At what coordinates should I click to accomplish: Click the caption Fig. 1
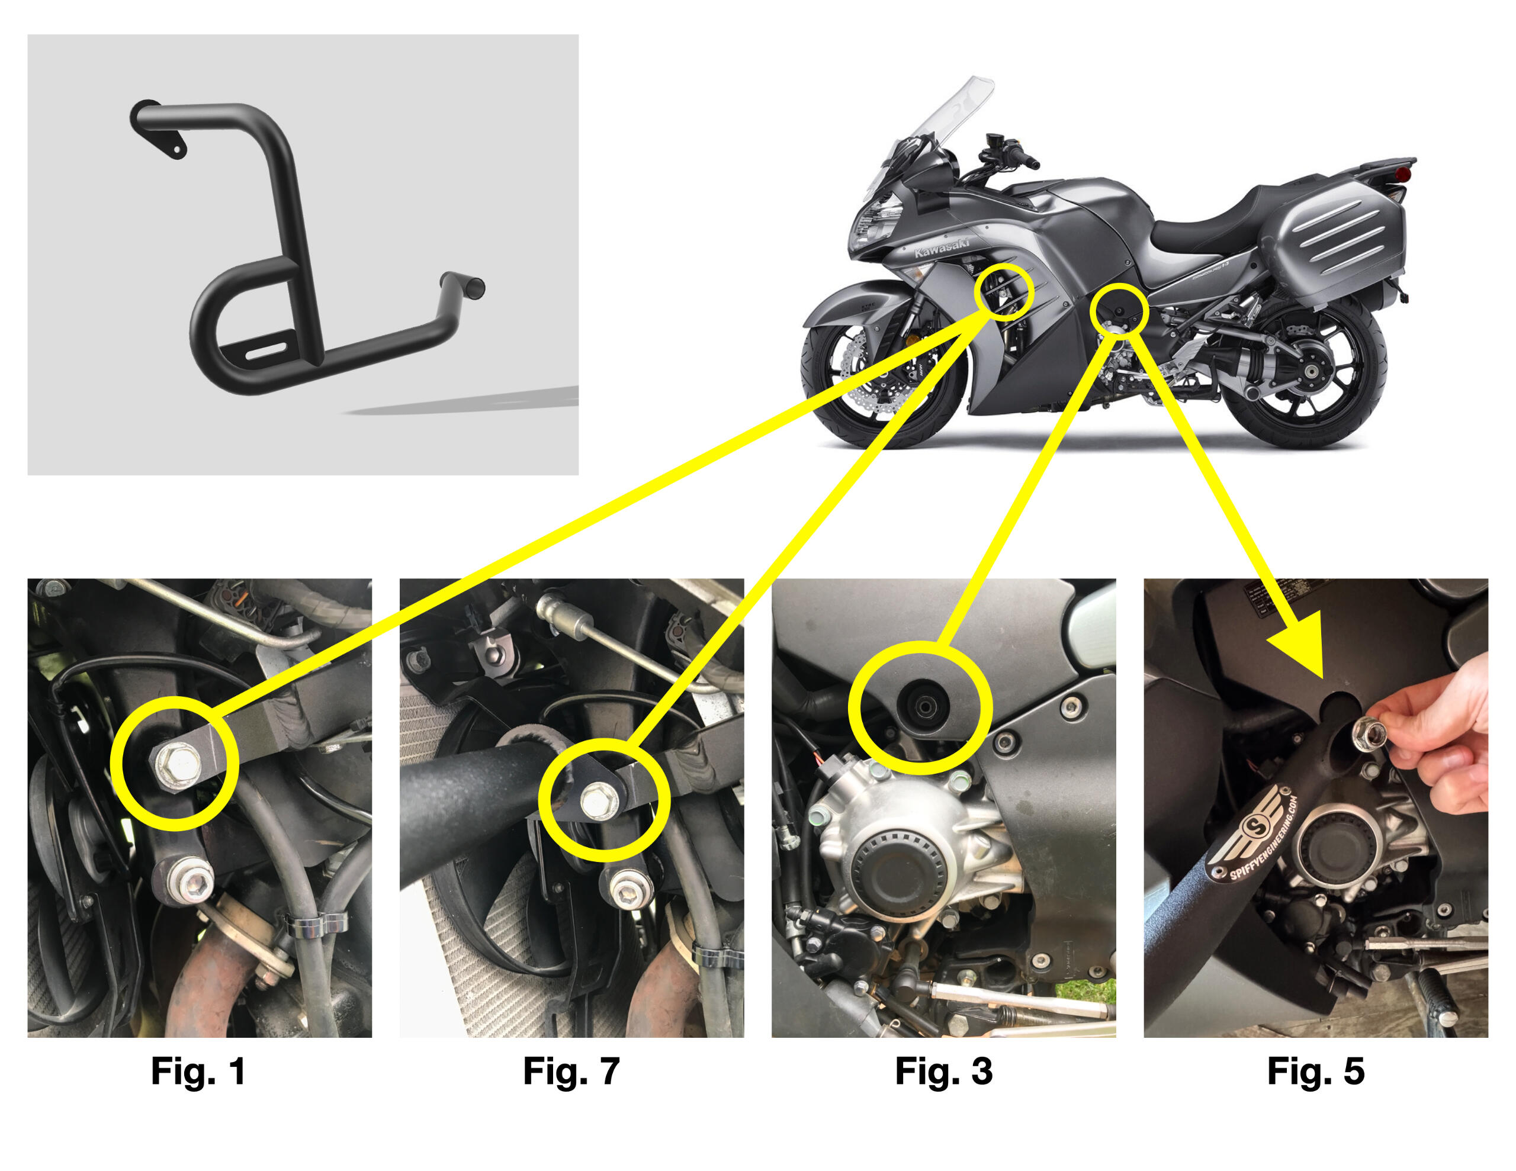pos(198,1071)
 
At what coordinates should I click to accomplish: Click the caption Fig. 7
pos(571,1071)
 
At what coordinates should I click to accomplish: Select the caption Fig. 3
pos(943,1071)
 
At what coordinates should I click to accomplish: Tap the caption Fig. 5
pos(1315,1071)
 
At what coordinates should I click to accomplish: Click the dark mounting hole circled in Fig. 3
pos(920,707)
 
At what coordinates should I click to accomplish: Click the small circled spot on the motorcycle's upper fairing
pos(1003,291)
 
